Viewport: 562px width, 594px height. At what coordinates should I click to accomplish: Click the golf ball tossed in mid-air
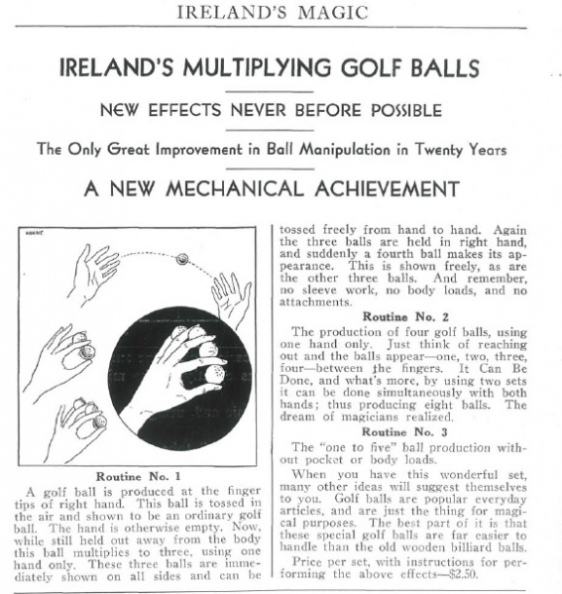pyautogui.click(x=181, y=260)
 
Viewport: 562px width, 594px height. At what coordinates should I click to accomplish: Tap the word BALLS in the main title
pyautogui.click(x=441, y=68)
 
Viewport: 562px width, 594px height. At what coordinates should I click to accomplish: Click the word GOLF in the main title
pyautogui.click(x=364, y=68)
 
